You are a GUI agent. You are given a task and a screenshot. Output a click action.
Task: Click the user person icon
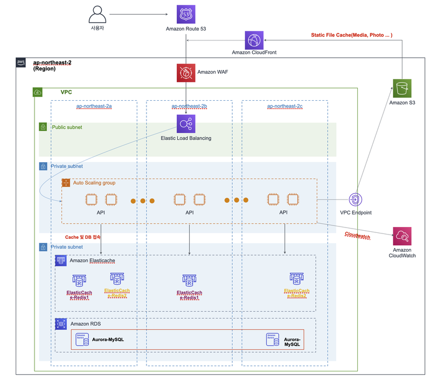pos(98,15)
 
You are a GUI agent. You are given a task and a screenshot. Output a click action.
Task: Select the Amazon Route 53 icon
pos(186,15)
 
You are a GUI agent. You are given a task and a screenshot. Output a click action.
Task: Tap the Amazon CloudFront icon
pos(254,40)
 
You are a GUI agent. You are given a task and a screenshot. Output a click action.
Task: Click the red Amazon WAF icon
pos(186,73)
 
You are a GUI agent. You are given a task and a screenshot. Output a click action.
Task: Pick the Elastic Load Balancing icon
pos(186,124)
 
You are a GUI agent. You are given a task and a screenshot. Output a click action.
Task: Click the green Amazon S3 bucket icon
pos(402,88)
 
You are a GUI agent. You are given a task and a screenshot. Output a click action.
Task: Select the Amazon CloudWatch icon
pos(402,236)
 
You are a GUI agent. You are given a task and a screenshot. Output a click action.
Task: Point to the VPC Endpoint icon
pos(356,199)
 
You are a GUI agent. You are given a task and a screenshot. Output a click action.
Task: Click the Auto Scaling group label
pos(94,183)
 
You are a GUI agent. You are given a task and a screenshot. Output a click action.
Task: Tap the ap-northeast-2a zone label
pos(94,106)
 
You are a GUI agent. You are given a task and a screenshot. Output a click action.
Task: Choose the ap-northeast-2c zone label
pos(285,106)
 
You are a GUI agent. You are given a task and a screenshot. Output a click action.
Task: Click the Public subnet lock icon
pos(43,127)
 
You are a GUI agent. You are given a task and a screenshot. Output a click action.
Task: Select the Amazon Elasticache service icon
pos(61,260)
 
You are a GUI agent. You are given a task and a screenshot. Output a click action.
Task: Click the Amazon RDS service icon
pos(61,324)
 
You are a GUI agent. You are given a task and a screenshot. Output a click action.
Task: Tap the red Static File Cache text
pos(352,35)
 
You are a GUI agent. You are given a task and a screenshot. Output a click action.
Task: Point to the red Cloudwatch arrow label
pos(357,236)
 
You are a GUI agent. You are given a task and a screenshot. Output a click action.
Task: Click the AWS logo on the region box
pos(20,62)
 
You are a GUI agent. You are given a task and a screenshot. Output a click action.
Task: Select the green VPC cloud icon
pos(38,92)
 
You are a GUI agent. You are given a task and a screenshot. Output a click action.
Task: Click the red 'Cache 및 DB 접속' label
pos(83,237)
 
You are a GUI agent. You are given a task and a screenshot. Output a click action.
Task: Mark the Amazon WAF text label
pos(212,72)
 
